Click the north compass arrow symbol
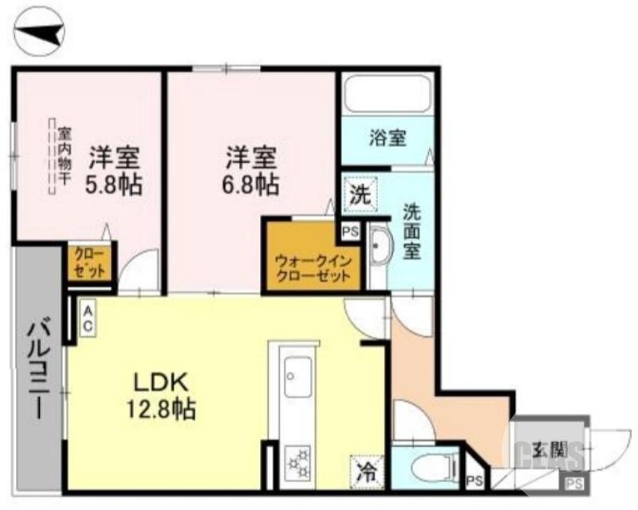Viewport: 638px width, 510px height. point(41,33)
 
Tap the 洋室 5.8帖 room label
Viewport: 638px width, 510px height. point(114,169)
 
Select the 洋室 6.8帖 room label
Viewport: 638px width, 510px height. point(250,169)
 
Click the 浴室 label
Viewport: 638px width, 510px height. point(388,137)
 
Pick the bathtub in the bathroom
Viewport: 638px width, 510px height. point(388,96)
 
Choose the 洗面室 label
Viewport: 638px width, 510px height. point(412,231)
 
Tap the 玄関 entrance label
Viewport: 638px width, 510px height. point(549,449)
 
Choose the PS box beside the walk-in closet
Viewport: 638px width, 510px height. point(350,232)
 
